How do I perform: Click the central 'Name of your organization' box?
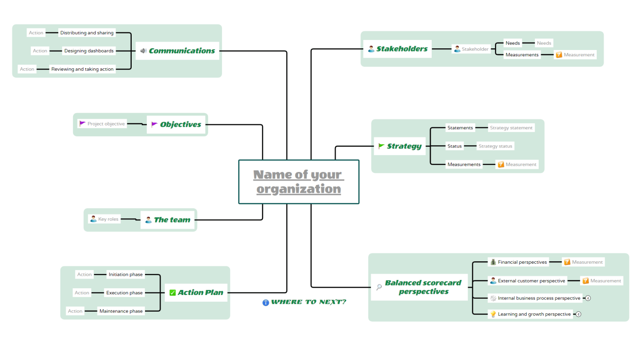click(x=298, y=182)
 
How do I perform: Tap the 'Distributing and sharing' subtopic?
click(x=87, y=33)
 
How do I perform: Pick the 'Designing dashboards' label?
click(x=89, y=51)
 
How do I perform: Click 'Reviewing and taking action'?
click(x=82, y=69)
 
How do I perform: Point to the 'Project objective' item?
click(x=106, y=124)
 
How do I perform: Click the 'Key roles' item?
click(x=108, y=219)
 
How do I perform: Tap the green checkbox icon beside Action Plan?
click(x=172, y=293)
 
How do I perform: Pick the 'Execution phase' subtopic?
click(x=124, y=293)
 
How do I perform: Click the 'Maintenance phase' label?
click(x=121, y=311)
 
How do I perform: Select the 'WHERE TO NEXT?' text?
click(x=309, y=302)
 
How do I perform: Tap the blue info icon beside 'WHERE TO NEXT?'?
click(x=265, y=302)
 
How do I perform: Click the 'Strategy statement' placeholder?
click(x=511, y=128)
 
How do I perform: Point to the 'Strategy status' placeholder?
click(x=495, y=146)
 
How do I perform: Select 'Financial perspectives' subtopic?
click(x=522, y=262)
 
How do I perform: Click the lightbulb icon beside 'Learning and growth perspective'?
click(x=493, y=314)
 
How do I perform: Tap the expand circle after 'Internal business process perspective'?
click(x=588, y=298)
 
